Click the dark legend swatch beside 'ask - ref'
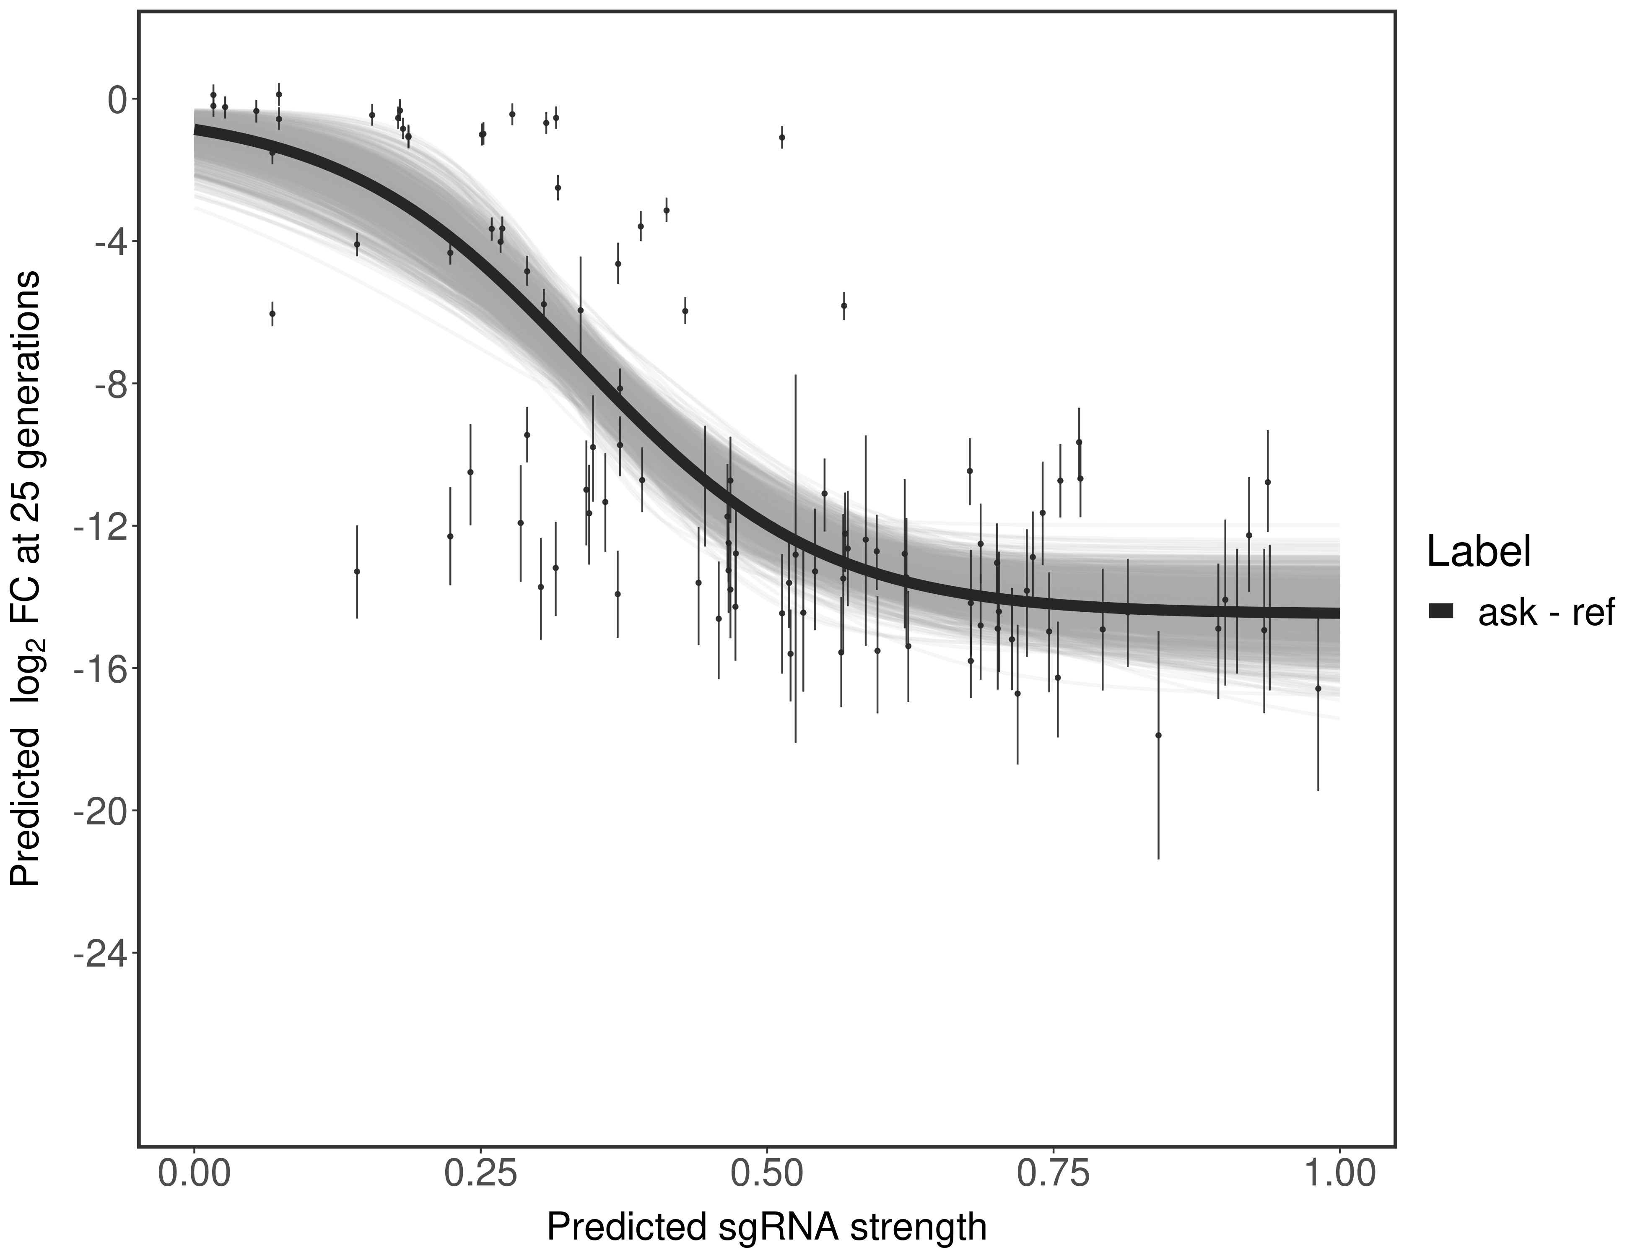point(1441,611)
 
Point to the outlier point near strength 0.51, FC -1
point(781,137)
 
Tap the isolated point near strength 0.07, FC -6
point(272,313)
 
